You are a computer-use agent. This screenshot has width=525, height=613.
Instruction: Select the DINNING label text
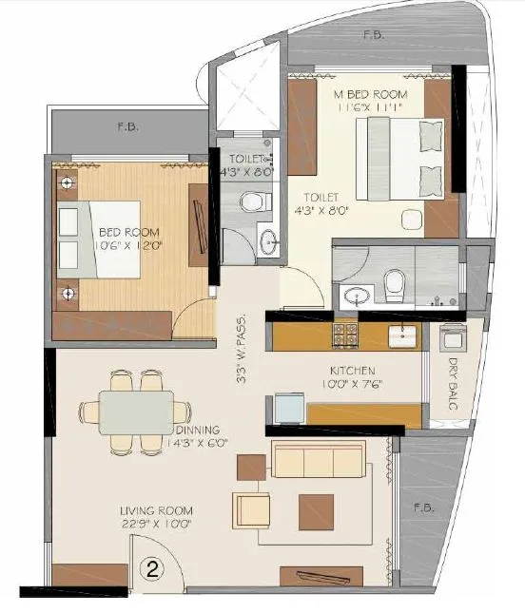197,429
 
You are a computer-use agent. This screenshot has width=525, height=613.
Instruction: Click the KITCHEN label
353,370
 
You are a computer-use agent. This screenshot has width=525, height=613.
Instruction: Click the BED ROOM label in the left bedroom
129,232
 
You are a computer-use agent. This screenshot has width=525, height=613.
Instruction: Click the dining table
137,412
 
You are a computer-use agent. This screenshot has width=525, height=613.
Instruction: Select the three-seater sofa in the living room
318,461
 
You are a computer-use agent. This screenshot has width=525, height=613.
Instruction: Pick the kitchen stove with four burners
343,334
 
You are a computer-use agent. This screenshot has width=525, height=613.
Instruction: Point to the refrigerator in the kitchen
288,408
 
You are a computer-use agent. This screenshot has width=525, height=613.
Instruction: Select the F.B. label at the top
374,35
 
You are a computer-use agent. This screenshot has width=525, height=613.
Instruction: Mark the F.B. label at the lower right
424,508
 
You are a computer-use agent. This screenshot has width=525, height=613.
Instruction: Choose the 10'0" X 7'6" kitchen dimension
353,386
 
